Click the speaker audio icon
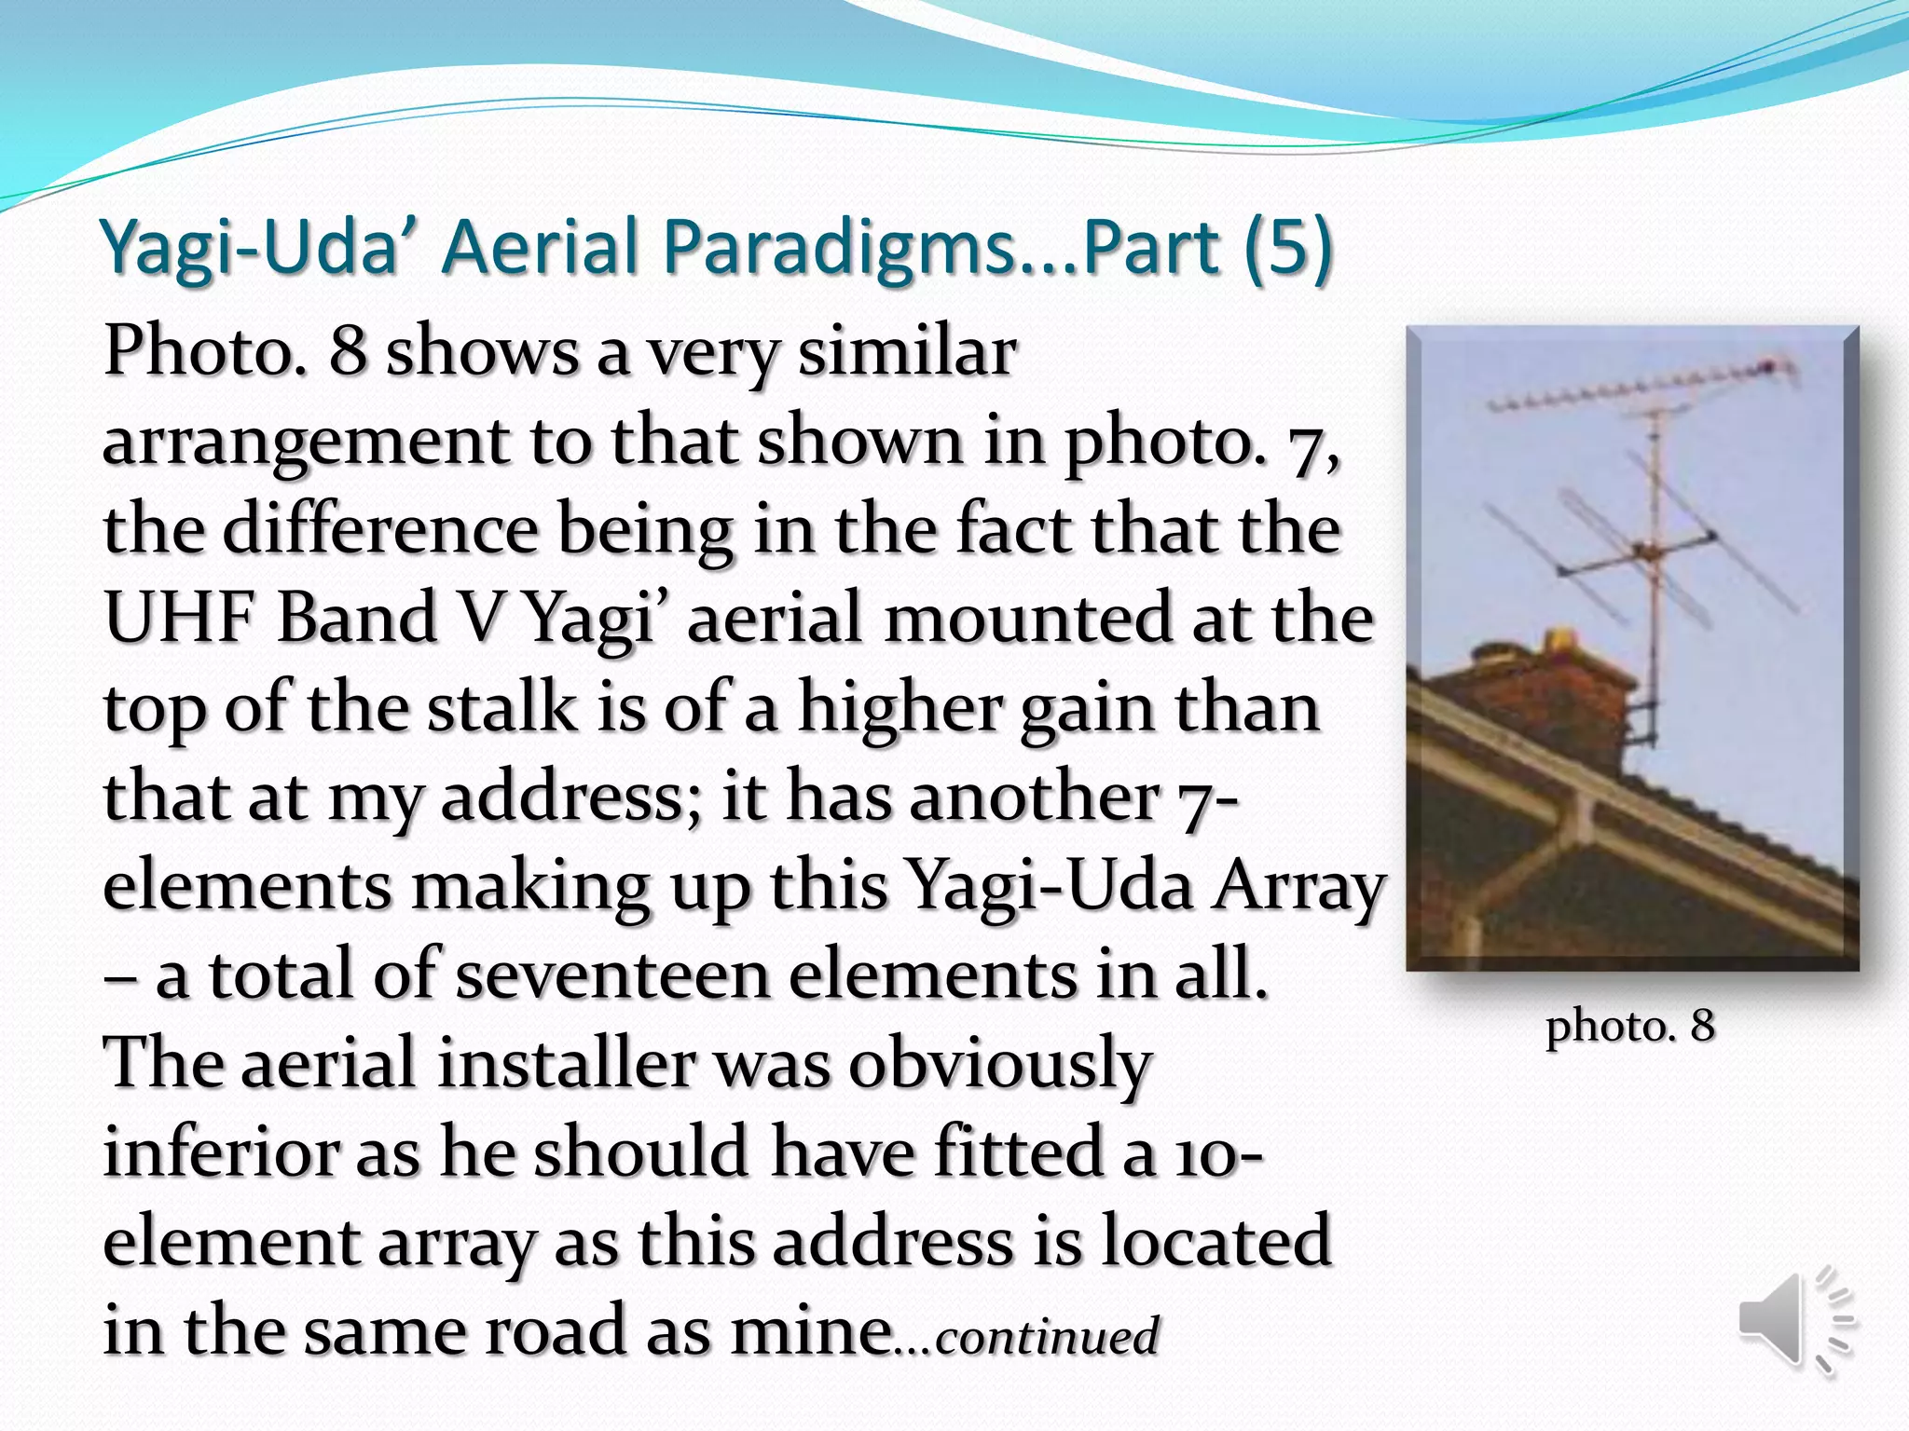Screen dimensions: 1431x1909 (x=1794, y=1321)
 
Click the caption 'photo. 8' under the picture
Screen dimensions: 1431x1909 (x=1630, y=1026)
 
